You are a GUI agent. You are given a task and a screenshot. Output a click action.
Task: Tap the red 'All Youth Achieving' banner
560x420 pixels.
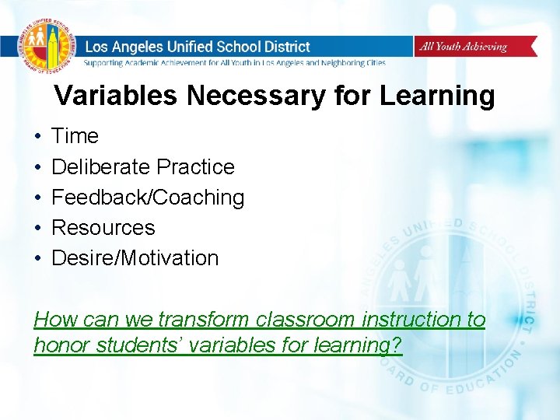[474, 47]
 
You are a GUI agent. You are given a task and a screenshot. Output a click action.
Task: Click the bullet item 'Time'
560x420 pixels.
[75, 136]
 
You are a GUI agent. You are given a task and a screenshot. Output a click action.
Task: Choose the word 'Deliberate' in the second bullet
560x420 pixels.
[100, 166]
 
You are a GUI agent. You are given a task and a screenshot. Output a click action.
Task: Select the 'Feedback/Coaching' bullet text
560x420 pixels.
[148, 198]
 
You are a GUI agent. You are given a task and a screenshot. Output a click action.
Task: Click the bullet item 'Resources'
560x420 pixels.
[103, 228]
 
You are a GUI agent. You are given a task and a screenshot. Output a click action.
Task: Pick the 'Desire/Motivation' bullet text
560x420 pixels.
[135, 258]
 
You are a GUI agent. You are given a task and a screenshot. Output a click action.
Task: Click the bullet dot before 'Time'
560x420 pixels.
[37, 137]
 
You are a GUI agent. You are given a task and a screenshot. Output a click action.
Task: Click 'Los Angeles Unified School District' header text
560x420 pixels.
[197, 47]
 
